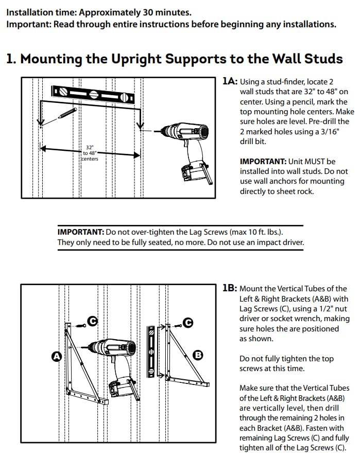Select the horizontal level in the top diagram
[x=93, y=94]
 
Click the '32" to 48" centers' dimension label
[x=90, y=153]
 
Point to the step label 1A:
[x=230, y=81]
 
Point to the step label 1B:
[x=230, y=289]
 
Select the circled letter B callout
[x=198, y=355]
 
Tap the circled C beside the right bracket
[x=188, y=323]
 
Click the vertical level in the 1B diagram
[x=151, y=350]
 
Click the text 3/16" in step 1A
[x=327, y=132]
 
